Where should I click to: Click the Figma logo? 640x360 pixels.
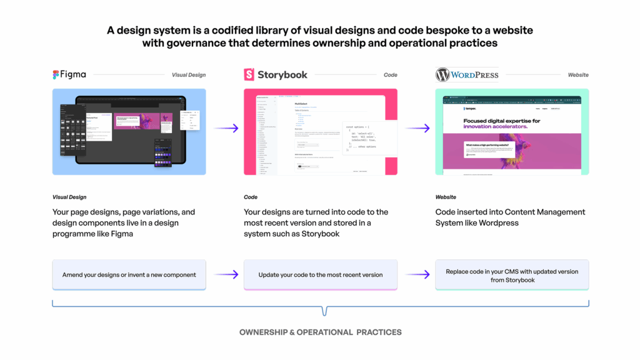click(x=69, y=75)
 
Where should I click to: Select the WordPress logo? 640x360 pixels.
click(x=467, y=75)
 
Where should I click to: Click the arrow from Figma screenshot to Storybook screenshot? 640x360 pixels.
click(x=225, y=128)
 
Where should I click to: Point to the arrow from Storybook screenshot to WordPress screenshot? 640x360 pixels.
click(x=417, y=128)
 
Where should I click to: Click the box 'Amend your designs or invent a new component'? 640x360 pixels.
click(x=129, y=275)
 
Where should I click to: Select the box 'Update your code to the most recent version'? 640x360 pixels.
click(x=320, y=275)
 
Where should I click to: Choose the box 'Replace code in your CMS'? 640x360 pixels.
click(x=512, y=276)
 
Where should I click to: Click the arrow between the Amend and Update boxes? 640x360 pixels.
click(x=225, y=274)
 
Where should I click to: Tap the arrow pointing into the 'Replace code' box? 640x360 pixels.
click(x=417, y=274)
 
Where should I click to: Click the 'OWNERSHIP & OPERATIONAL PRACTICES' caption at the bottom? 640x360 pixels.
click(x=320, y=332)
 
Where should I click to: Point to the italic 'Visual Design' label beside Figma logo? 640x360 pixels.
click(x=189, y=75)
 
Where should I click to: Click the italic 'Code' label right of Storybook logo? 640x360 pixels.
click(x=390, y=75)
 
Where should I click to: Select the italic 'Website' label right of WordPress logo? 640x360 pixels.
click(x=578, y=75)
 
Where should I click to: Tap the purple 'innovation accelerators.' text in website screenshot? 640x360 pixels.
click(x=496, y=126)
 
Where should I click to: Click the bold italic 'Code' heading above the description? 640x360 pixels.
click(x=251, y=197)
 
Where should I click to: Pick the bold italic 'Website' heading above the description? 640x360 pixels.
click(x=446, y=197)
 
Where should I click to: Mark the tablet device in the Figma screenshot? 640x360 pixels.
click(x=131, y=131)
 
